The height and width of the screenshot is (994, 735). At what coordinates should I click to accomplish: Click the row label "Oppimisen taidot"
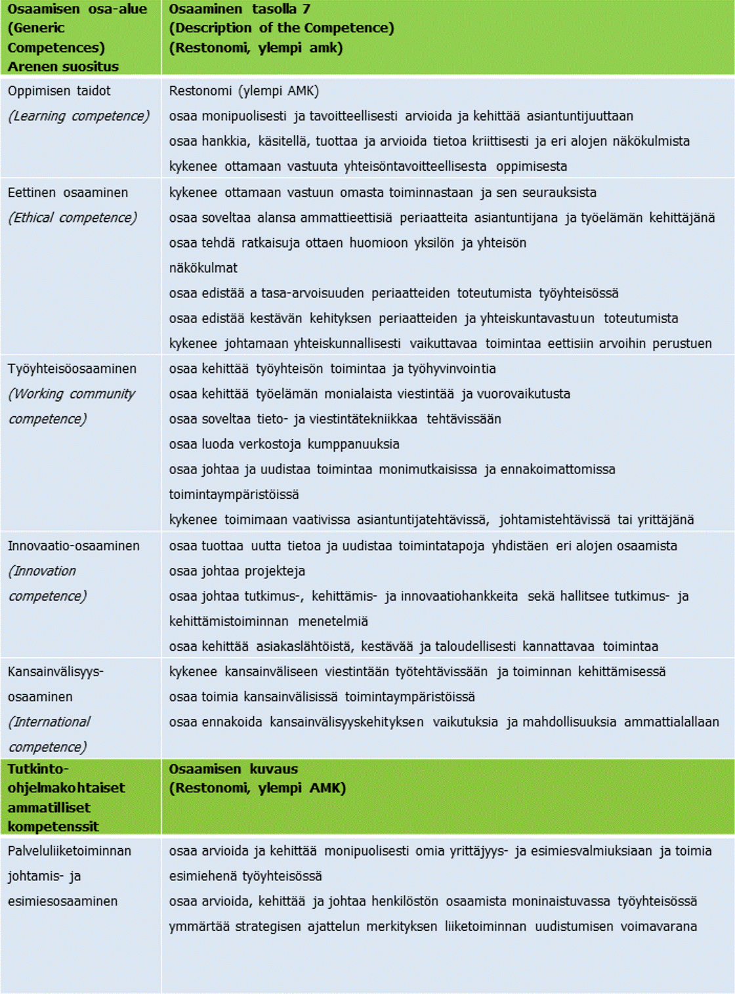point(59,91)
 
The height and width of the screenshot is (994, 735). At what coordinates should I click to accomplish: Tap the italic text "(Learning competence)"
point(79,116)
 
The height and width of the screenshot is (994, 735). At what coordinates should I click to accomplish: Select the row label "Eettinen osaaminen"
point(68,193)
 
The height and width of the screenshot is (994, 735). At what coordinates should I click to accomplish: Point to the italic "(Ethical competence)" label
point(72,218)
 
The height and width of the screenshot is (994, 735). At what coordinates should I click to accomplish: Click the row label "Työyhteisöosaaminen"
point(72,369)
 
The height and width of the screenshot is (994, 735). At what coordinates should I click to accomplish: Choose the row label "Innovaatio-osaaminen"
point(73,546)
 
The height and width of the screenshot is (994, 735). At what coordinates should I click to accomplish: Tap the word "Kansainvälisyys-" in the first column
point(56,672)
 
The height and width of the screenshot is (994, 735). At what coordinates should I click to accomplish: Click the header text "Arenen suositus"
point(63,66)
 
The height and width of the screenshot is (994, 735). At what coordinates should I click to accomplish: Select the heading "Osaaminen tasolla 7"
point(240,9)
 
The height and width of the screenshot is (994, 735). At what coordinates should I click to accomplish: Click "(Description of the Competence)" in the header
point(282,28)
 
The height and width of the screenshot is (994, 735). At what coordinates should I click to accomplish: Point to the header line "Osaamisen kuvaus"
point(233,769)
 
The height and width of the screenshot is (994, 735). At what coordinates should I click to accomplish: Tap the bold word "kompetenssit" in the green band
point(53,827)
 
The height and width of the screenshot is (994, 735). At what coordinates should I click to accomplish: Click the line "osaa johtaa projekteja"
point(237,571)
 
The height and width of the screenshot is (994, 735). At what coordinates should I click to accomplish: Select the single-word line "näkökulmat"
point(203,268)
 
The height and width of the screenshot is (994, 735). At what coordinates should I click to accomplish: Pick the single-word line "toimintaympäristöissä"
point(234,494)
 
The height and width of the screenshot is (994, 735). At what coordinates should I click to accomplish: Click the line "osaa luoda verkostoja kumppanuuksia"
point(284,444)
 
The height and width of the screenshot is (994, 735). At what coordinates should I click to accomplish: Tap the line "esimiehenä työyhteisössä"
point(245,876)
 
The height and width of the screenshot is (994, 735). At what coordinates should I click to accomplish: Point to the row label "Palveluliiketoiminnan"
point(70,852)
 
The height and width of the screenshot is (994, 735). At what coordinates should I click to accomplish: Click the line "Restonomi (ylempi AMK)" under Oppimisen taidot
point(244,91)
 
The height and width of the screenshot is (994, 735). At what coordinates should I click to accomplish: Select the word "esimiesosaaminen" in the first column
point(63,901)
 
